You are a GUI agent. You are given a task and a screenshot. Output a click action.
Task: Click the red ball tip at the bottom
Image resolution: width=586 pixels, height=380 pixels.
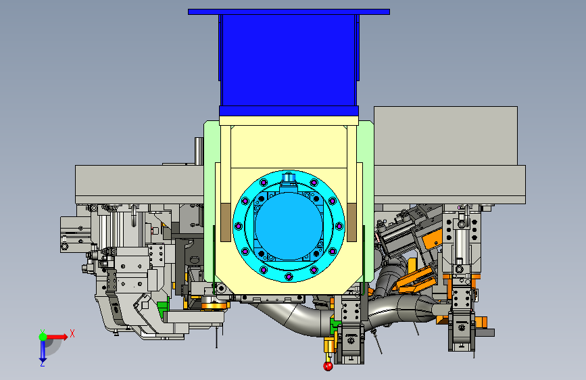point(328,366)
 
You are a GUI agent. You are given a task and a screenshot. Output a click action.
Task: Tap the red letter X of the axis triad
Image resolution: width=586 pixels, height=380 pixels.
point(72,333)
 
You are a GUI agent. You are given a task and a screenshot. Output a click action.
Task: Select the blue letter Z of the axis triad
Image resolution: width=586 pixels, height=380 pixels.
point(43,363)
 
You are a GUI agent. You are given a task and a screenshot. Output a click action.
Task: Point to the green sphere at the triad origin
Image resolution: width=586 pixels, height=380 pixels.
point(43,337)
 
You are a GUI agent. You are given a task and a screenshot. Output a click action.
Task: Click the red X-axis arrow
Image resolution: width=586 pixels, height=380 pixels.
point(57,337)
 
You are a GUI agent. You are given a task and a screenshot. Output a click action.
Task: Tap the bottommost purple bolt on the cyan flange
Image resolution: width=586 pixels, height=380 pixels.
point(289,277)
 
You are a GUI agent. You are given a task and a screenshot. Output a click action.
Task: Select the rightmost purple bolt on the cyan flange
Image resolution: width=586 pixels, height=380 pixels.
point(339,226)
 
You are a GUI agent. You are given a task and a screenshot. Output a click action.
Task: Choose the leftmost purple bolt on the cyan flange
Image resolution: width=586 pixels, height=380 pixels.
point(238,226)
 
